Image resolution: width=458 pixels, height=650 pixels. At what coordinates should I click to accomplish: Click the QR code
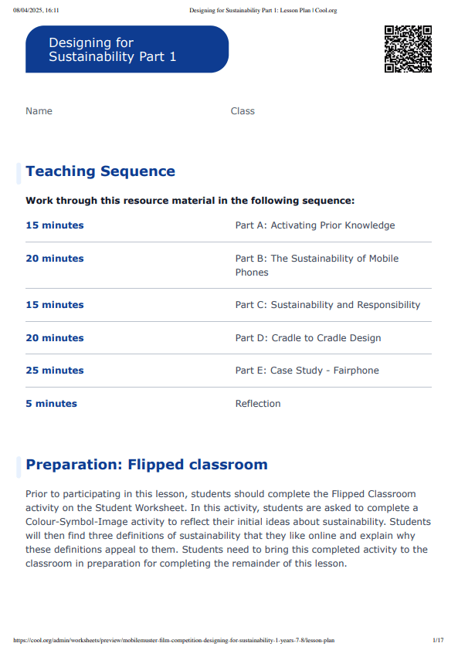[x=407, y=49]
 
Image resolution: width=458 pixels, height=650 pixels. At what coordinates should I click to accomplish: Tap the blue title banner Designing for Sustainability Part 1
[x=127, y=49]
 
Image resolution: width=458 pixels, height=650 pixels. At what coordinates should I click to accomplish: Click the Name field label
[x=39, y=111]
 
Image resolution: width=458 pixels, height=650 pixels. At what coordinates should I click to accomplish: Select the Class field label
[x=243, y=111]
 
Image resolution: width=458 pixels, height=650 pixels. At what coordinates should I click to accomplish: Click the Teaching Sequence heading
[x=100, y=171]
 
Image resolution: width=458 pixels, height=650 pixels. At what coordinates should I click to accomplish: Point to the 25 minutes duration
[x=55, y=371]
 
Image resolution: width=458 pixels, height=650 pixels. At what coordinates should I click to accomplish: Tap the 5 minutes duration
[x=51, y=404]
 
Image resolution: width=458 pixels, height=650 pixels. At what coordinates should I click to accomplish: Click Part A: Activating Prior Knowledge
[x=315, y=225]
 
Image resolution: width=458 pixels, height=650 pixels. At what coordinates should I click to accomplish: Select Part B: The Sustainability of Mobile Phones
[x=317, y=265]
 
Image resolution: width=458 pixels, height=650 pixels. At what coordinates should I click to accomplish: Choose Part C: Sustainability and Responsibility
[x=327, y=305]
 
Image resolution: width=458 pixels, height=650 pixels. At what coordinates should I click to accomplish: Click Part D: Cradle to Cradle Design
[x=308, y=338]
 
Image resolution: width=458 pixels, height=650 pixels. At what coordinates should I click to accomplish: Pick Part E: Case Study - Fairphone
[x=307, y=371]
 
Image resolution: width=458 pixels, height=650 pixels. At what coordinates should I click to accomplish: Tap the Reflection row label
[x=258, y=404]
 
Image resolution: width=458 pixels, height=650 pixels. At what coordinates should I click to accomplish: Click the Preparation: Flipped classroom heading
[x=147, y=465]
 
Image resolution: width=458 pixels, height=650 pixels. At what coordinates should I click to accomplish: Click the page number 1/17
[x=438, y=640]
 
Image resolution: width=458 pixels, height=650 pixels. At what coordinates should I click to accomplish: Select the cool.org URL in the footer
[x=174, y=640]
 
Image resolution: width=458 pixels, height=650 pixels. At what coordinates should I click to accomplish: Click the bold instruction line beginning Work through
[x=190, y=201]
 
